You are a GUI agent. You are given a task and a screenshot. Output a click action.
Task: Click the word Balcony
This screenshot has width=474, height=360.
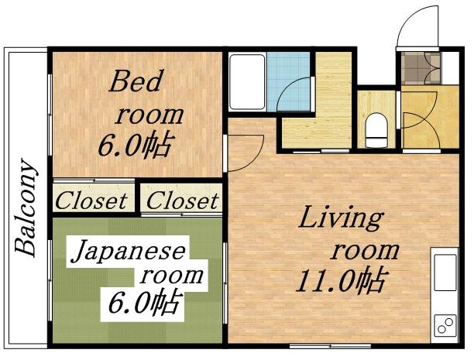(27, 207)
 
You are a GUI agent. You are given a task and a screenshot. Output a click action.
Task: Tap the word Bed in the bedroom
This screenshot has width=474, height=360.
(133, 82)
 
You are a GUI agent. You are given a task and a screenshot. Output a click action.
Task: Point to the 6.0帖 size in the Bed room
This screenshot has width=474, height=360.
(134, 145)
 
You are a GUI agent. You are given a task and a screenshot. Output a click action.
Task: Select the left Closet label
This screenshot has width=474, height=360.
(91, 201)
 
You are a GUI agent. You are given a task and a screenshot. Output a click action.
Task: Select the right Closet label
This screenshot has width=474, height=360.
(183, 201)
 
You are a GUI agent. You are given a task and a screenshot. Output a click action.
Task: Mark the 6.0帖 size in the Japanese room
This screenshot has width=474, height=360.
(144, 301)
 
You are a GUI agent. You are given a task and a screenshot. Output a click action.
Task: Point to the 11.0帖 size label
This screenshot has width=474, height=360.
(341, 281)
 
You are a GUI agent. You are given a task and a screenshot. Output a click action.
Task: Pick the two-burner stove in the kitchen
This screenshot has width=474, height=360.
(445, 326)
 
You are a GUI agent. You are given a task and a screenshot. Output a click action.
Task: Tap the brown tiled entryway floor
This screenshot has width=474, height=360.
(419, 67)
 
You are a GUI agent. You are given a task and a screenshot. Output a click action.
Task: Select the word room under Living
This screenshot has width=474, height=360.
(366, 250)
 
